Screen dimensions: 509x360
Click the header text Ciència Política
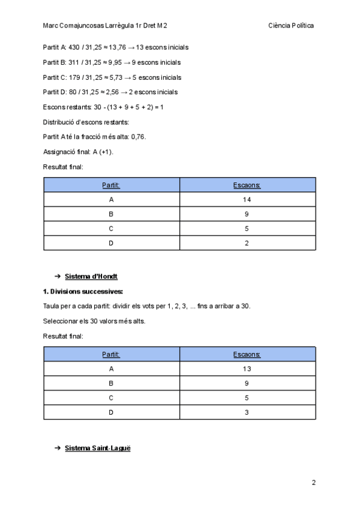click(292, 26)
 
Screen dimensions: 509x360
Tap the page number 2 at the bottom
click(313, 482)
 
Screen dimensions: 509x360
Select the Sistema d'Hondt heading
click(91, 276)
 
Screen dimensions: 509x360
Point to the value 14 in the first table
click(247, 199)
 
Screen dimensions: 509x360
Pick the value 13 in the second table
click(247, 369)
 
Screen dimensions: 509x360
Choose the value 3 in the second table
click(247, 413)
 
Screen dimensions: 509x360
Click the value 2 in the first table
click(247, 244)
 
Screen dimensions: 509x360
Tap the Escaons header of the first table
click(247, 185)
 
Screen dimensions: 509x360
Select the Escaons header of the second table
click(247, 354)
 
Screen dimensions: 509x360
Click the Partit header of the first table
click(111, 185)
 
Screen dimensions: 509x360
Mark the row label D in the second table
click(111, 413)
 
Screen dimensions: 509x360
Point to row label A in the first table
click(111, 199)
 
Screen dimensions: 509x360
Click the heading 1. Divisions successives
click(83, 292)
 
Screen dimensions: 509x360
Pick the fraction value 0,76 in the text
click(138, 137)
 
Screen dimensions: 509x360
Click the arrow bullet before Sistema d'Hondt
click(57, 276)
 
